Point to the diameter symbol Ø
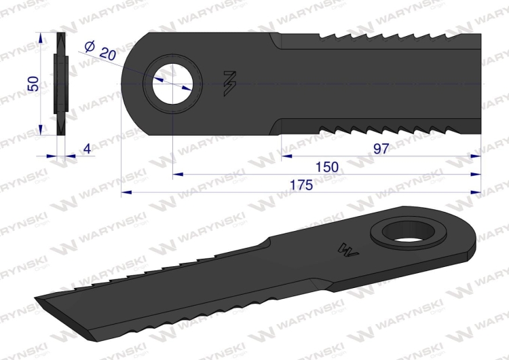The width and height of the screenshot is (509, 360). (90, 46)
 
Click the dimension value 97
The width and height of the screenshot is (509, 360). (381, 149)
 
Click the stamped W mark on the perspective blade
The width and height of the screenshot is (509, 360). (347, 249)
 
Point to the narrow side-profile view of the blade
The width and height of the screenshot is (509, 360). (60, 84)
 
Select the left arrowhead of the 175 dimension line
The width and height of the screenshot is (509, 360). (126, 192)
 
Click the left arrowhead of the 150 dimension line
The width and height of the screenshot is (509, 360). (176, 174)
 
